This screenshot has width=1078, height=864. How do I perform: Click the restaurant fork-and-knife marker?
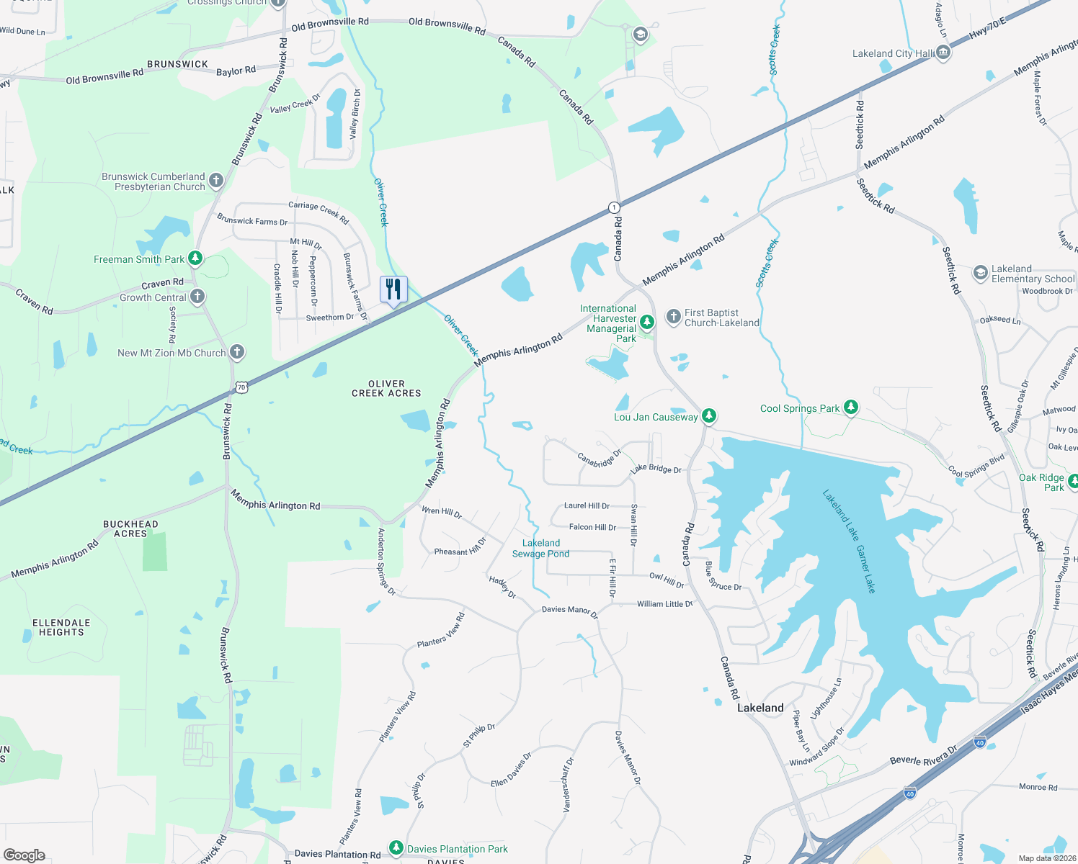(x=393, y=289)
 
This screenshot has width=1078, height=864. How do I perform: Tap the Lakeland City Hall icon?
(x=943, y=53)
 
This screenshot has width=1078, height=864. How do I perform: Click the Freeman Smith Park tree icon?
(x=195, y=258)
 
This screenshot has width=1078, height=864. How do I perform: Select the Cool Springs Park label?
(x=800, y=408)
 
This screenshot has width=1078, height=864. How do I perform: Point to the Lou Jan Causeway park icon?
(x=709, y=415)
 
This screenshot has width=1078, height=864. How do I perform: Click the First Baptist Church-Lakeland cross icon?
(x=673, y=317)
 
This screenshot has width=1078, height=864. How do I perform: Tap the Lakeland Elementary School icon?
(x=980, y=273)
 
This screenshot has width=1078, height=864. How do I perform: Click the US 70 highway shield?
(x=241, y=387)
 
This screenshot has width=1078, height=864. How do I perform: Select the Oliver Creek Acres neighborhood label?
(x=386, y=389)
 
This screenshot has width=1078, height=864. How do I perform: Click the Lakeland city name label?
(x=760, y=708)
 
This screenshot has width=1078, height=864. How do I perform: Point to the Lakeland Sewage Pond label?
(x=540, y=549)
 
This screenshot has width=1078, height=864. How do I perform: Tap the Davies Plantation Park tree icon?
(x=396, y=848)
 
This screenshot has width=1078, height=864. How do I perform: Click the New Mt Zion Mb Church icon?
(x=237, y=352)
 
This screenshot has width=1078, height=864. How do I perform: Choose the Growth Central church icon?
(x=197, y=297)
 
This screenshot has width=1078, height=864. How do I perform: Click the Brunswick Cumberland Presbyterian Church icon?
(x=215, y=180)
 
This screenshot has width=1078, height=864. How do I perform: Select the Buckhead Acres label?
(x=130, y=528)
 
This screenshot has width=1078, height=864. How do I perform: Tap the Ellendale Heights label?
(x=61, y=627)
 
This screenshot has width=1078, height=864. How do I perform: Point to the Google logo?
(x=24, y=855)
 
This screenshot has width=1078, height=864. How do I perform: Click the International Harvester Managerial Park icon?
(x=647, y=321)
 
